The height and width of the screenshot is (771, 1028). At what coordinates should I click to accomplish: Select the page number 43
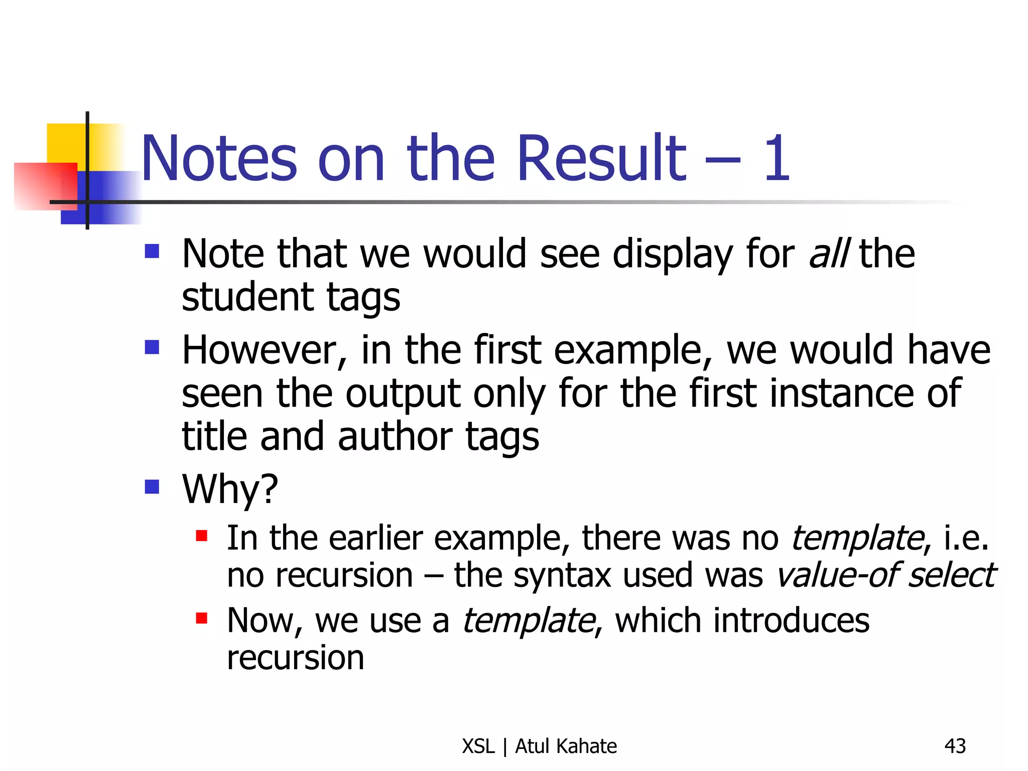pyautogui.click(x=955, y=746)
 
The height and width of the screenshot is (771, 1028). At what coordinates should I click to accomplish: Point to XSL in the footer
pyautogui.click(x=478, y=746)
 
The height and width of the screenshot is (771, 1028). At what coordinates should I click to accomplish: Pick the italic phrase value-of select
pyautogui.click(x=886, y=575)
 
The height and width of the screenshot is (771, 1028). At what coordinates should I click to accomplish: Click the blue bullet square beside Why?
pyautogui.click(x=152, y=486)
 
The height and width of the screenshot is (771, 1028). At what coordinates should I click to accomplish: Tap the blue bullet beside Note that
pyautogui.click(x=152, y=251)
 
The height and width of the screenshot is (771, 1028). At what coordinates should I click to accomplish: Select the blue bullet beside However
pyautogui.click(x=152, y=347)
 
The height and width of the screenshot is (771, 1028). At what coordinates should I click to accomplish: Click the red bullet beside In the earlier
pyautogui.click(x=202, y=536)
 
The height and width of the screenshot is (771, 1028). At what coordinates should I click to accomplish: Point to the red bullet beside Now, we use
pyautogui.click(x=202, y=618)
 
